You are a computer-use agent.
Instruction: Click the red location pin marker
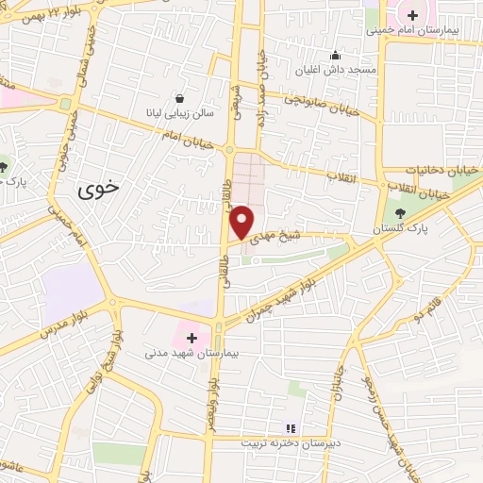pyautogui.click(x=242, y=223)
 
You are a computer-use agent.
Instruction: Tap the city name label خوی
pyautogui.click(x=98, y=187)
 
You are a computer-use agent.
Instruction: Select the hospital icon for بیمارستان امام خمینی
pyautogui.click(x=412, y=14)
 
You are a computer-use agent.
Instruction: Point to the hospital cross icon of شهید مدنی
pyautogui.click(x=192, y=336)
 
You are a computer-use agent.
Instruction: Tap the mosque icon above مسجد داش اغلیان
pyautogui.click(x=335, y=55)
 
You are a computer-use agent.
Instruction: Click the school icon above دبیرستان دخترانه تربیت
pyautogui.click(x=291, y=427)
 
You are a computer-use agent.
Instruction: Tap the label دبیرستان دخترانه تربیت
pyautogui.click(x=290, y=442)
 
